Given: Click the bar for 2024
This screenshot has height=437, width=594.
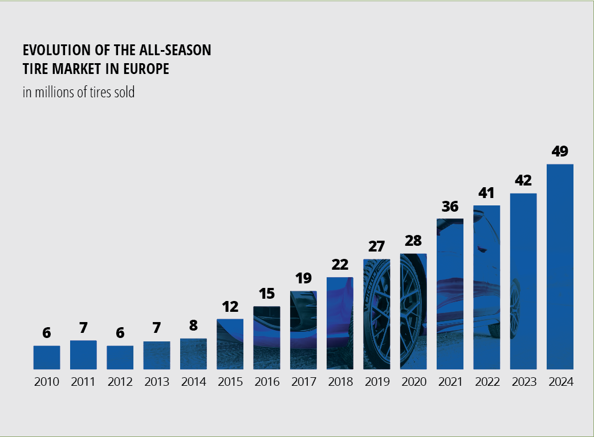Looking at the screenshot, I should (x=560, y=266).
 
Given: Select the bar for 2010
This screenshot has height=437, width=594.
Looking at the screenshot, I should (x=47, y=357).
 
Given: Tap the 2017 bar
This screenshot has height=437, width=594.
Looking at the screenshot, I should (x=303, y=330).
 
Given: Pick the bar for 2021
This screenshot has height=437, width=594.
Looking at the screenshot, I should (x=450, y=294).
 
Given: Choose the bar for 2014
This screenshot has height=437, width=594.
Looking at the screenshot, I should (x=193, y=353).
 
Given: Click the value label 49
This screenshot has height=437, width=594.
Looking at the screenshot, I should (x=560, y=152).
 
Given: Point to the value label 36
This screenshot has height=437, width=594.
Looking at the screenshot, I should (x=450, y=207).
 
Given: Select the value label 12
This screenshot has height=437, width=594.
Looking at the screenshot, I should (x=230, y=307).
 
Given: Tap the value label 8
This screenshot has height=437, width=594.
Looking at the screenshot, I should (x=193, y=326).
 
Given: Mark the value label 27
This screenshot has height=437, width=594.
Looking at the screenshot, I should (x=376, y=247).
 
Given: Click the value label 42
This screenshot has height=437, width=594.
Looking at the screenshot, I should (x=523, y=181).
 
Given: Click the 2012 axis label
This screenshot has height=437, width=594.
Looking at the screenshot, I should (x=120, y=382).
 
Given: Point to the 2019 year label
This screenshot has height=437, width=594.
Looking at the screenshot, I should (x=376, y=382).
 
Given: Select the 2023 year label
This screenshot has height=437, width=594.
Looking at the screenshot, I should (x=523, y=382).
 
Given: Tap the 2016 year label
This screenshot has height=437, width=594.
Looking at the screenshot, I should (x=267, y=382).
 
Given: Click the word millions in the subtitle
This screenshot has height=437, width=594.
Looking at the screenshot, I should (x=52, y=92).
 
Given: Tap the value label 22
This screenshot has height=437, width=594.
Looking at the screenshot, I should (x=340, y=265).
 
